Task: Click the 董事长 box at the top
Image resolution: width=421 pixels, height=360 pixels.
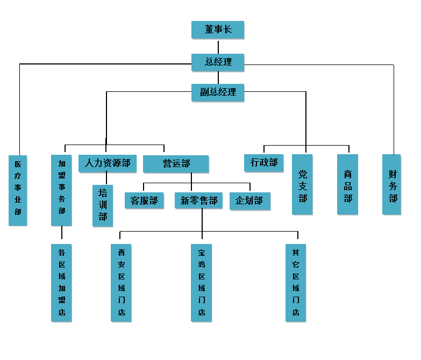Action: [217, 30]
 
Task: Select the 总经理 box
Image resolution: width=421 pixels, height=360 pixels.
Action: [218, 62]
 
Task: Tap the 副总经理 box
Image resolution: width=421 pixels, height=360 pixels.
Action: [218, 92]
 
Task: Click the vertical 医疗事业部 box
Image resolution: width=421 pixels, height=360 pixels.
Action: [18, 190]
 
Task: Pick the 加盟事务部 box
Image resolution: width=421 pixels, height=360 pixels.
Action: [61, 190]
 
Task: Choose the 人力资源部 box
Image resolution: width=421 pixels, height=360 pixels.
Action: [107, 163]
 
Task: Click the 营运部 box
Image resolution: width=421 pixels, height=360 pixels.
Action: [176, 163]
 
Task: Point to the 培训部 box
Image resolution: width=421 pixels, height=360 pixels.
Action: [103, 205]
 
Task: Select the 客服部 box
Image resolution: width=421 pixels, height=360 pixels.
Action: [144, 201]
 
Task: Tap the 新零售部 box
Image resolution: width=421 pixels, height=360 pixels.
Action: [198, 201]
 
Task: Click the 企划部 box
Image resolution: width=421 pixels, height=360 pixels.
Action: [249, 201]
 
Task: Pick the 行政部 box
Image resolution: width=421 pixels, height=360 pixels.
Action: [264, 162]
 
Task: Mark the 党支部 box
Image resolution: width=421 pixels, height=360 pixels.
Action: [302, 184]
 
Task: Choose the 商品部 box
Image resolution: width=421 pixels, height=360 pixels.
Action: [347, 184]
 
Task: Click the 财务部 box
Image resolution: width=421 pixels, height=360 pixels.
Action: [392, 184]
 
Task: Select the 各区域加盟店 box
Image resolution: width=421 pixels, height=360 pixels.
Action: [61, 283]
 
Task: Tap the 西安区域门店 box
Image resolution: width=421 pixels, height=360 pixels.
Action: [121, 283]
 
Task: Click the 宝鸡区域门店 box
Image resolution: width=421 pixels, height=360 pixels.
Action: [201, 283]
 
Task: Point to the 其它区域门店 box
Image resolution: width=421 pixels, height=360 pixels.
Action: [295, 283]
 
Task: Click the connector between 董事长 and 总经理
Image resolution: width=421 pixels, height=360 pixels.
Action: [218, 46]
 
